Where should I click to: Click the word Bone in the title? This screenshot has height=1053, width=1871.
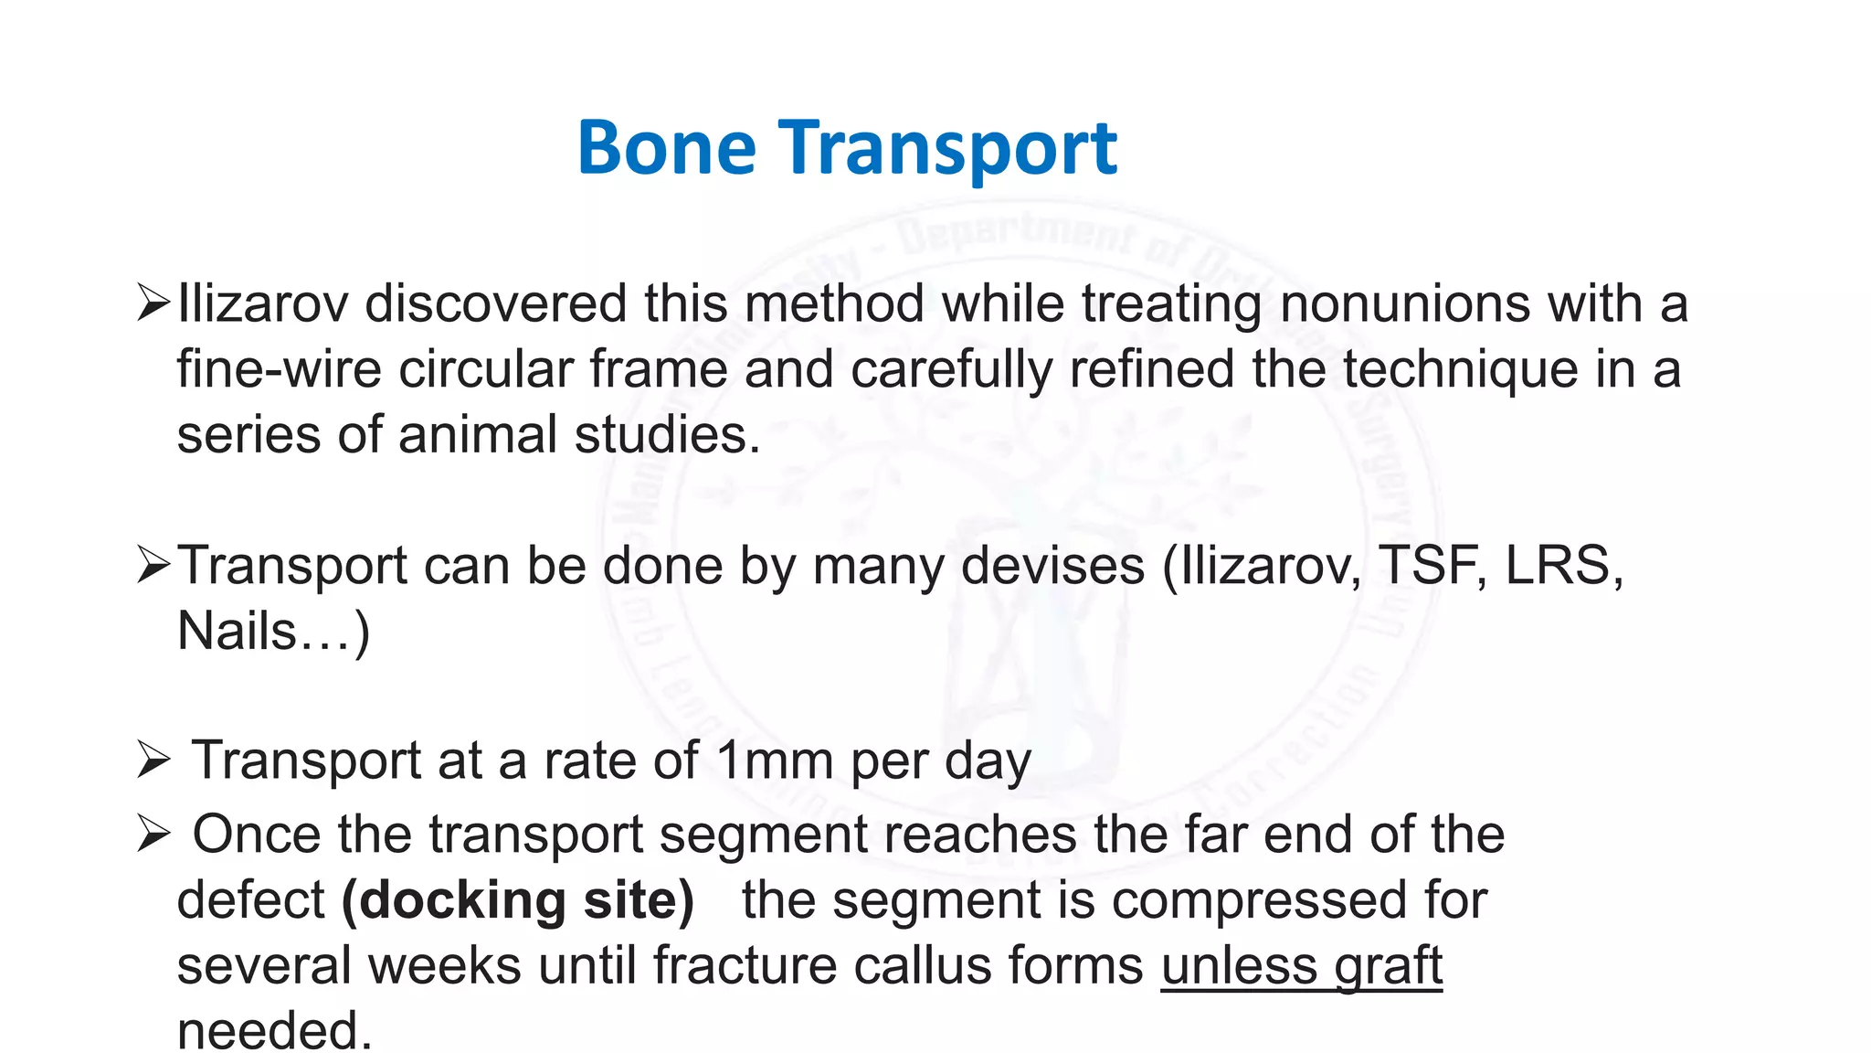point(667,148)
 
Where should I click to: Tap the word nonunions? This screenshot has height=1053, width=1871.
point(1404,303)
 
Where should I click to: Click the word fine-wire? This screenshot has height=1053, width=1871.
point(279,369)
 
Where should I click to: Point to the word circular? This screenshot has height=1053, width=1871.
point(485,369)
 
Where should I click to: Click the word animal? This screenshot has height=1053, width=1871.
point(478,435)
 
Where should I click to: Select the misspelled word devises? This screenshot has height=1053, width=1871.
point(1052,566)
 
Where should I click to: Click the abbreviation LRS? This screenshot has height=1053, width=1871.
point(1562,566)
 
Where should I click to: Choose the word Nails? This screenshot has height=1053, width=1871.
point(237,632)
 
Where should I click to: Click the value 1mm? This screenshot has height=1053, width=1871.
point(775,761)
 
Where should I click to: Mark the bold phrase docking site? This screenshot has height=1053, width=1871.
point(518,901)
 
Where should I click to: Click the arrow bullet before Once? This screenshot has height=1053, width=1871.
point(153,835)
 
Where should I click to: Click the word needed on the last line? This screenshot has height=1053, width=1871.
point(274,1031)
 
